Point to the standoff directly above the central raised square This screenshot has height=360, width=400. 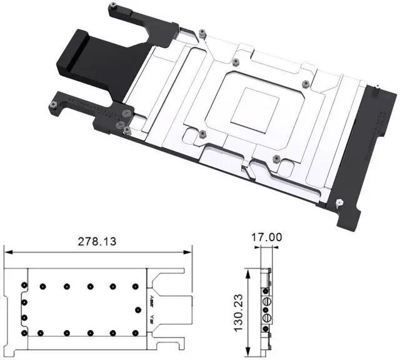235,62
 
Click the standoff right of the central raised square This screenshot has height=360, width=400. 304,84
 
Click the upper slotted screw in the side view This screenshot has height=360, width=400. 267,301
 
